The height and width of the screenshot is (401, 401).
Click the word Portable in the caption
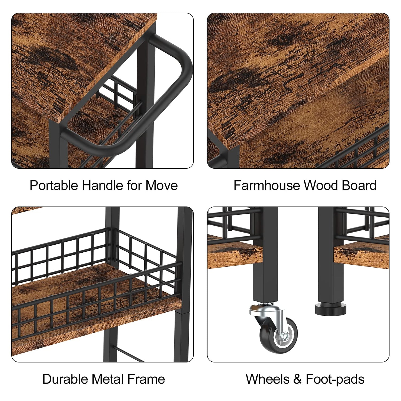pos(54,185)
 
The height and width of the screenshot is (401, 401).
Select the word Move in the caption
pos(161,185)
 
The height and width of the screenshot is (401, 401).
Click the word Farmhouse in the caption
pos(267,185)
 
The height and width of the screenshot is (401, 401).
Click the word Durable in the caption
pos(65,379)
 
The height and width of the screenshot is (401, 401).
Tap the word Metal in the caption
pos(107,379)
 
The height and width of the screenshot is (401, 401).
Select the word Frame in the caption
pos(146,379)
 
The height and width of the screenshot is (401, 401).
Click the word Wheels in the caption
pos(268,379)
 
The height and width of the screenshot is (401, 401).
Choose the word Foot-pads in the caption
pos(335,379)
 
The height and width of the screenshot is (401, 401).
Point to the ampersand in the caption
pos(298,379)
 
